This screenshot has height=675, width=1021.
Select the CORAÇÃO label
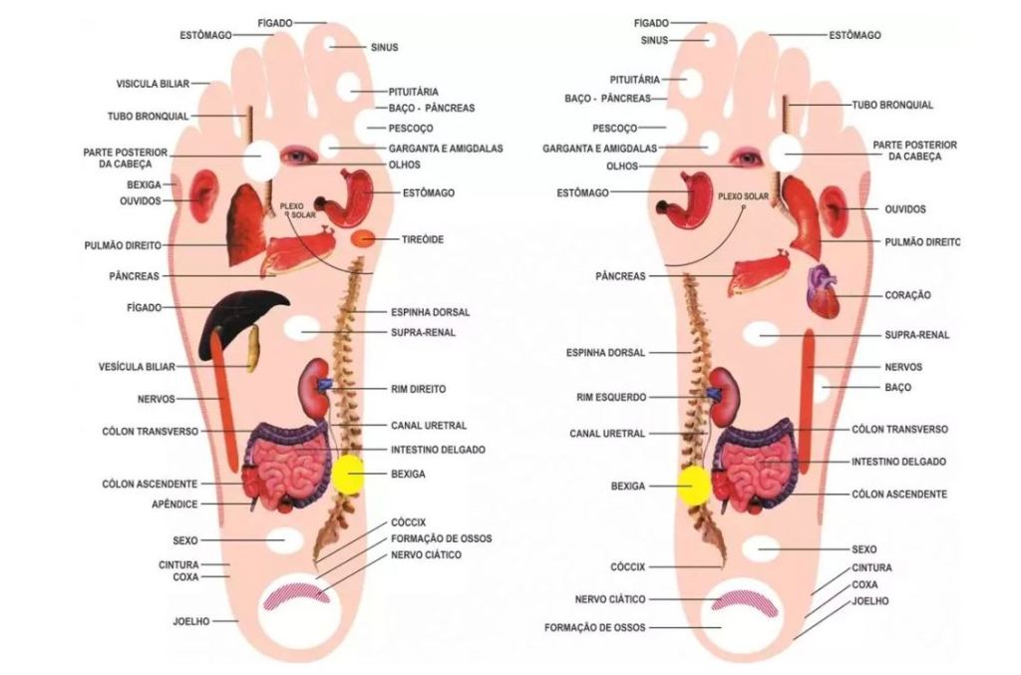pyautogui.click(x=906, y=295)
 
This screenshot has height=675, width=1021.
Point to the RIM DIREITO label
pyautogui.click(x=417, y=389)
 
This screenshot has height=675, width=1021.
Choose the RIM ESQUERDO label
pyautogui.click(x=611, y=396)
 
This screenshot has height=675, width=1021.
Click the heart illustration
pyautogui.click(x=824, y=292)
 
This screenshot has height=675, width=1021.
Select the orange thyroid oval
pyautogui.click(x=364, y=239)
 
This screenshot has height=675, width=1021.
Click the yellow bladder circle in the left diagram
pyautogui.click(x=349, y=475)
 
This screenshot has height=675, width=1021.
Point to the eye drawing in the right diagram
pyautogui.click(x=744, y=157)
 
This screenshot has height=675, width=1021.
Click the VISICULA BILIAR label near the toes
pyautogui.click(x=152, y=84)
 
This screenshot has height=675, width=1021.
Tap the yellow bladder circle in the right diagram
pyautogui.click(x=694, y=486)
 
